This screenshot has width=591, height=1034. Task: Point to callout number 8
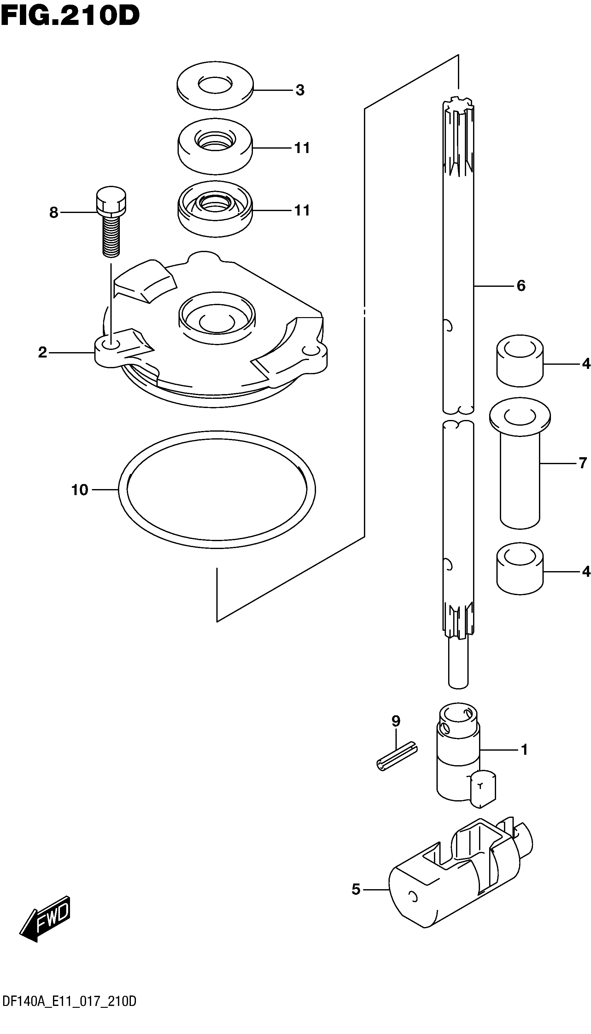(x=54, y=212)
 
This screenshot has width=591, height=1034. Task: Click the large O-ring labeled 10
(x=217, y=491)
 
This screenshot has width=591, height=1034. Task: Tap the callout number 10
(x=80, y=490)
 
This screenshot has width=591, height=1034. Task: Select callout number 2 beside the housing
(x=43, y=352)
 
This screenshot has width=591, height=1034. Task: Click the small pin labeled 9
(x=397, y=756)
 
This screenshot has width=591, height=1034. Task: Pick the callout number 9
(x=396, y=721)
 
